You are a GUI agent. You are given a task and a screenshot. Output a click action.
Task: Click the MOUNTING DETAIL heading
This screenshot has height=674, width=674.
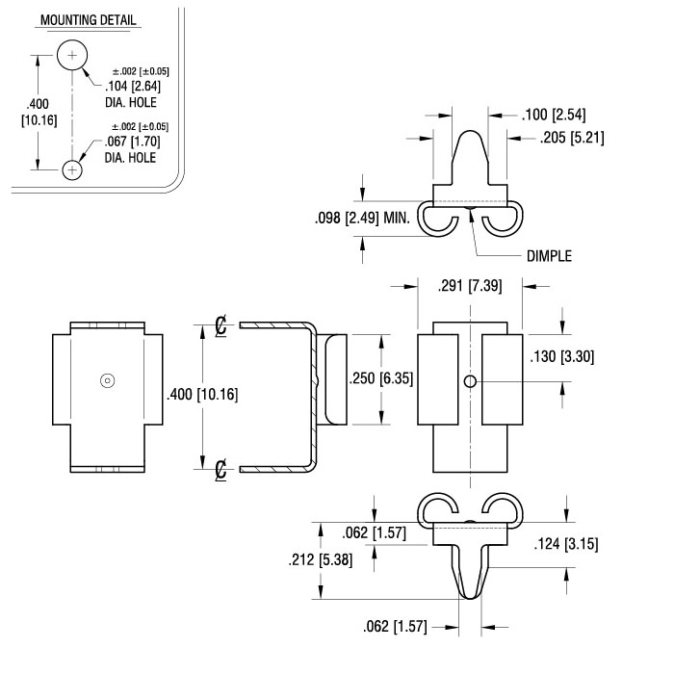click(89, 20)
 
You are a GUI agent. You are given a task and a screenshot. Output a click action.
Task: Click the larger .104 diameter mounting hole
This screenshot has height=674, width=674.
click(72, 55)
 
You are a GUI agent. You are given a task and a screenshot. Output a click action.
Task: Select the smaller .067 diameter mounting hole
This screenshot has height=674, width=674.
click(72, 169)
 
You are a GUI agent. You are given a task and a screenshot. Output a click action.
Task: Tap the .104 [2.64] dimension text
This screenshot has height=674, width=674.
click(133, 86)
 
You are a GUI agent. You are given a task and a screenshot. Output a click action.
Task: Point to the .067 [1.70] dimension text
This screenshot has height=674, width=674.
click(133, 142)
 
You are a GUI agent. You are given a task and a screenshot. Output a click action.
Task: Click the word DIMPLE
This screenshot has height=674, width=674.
click(550, 256)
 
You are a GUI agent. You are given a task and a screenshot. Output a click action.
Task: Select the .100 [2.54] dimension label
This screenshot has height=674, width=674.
click(554, 115)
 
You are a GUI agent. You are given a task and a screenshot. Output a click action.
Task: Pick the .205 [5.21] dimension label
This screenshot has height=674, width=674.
click(572, 138)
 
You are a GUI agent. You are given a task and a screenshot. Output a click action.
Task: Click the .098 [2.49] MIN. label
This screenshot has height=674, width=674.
click(362, 218)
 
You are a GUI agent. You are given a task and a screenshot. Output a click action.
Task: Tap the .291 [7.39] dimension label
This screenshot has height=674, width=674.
click(470, 286)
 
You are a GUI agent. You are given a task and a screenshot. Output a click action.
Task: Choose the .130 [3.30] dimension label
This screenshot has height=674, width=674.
click(562, 357)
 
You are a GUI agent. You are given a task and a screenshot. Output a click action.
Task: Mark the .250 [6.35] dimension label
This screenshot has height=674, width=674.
click(381, 378)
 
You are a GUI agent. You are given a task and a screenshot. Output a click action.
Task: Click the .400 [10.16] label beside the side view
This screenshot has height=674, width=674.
click(202, 394)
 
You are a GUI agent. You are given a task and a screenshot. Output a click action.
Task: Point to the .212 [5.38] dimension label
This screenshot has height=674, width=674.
click(321, 559)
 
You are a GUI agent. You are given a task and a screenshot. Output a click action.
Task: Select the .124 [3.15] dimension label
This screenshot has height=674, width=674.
click(566, 544)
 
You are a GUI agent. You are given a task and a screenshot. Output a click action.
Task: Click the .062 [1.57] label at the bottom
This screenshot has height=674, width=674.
click(396, 626)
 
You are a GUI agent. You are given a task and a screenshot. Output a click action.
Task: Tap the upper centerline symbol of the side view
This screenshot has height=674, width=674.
click(220, 325)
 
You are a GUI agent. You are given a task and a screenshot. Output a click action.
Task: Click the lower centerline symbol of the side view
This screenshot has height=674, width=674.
click(220, 470)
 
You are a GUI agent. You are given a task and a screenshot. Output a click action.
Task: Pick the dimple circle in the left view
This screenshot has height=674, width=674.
click(108, 380)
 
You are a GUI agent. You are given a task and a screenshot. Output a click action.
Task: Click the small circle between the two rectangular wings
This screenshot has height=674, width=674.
click(470, 381)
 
